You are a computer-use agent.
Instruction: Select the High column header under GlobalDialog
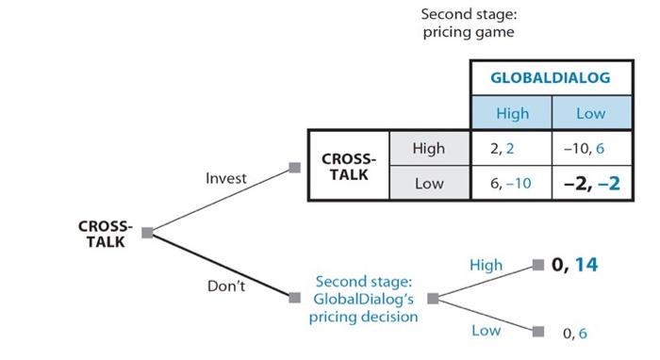click(x=512, y=114)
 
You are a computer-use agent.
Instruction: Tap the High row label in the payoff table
click(x=429, y=149)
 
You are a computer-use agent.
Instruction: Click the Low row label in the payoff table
click(x=429, y=184)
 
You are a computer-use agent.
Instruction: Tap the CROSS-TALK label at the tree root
click(x=106, y=235)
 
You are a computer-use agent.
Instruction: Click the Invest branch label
click(x=226, y=178)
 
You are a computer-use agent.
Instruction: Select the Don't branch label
click(x=225, y=286)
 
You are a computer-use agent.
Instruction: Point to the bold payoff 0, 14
click(x=575, y=265)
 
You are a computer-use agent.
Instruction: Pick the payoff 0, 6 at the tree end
click(x=575, y=333)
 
